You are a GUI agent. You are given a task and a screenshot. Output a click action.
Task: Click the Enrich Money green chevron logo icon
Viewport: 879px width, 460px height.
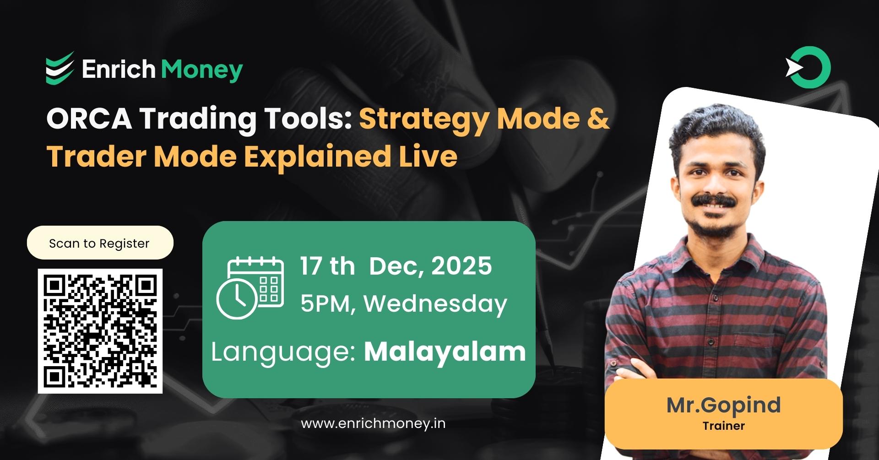click(60, 69)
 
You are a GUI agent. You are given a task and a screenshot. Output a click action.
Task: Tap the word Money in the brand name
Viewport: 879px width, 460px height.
click(201, 70)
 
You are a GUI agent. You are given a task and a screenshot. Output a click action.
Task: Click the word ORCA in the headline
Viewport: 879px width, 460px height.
click(89, 119)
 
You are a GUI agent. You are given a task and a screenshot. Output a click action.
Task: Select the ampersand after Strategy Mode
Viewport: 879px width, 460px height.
click(597, 119)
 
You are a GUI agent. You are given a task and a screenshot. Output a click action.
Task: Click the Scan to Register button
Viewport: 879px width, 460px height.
click(100, 243)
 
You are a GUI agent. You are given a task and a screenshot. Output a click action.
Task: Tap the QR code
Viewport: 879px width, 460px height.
click(100, 331)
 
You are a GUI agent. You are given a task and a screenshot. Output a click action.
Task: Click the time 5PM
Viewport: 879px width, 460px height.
click(326, 303)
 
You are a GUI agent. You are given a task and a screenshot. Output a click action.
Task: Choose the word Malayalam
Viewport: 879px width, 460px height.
click(445, 352)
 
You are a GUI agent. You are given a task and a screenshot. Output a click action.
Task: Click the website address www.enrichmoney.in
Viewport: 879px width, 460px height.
click(373, 423)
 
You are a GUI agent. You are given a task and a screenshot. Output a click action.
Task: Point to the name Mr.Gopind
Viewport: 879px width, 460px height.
click(723, 405)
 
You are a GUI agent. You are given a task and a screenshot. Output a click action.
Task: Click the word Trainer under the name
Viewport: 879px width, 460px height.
click(723, 426)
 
